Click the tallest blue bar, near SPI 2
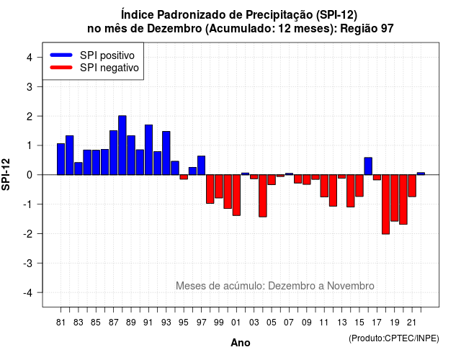point(122,145)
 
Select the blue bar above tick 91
point(149,150)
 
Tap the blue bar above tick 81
point(61,159)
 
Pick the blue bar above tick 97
point(202,166)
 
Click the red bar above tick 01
point(236,195)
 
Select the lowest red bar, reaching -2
point(386,204)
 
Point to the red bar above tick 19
point(395,198)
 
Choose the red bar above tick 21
point(412,186)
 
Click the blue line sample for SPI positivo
point(61,55)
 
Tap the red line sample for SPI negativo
point(61,68)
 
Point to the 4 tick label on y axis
point(30,58)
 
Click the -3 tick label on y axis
point(28,264)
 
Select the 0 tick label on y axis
point(30,175)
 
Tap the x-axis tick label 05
point(272,323)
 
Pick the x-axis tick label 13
point(341,323)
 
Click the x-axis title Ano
point(241,343)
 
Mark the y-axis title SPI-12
point(6,174)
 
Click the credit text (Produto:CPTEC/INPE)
point(394,338)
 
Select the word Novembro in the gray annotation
point(351,286)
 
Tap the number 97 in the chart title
point(388,29)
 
